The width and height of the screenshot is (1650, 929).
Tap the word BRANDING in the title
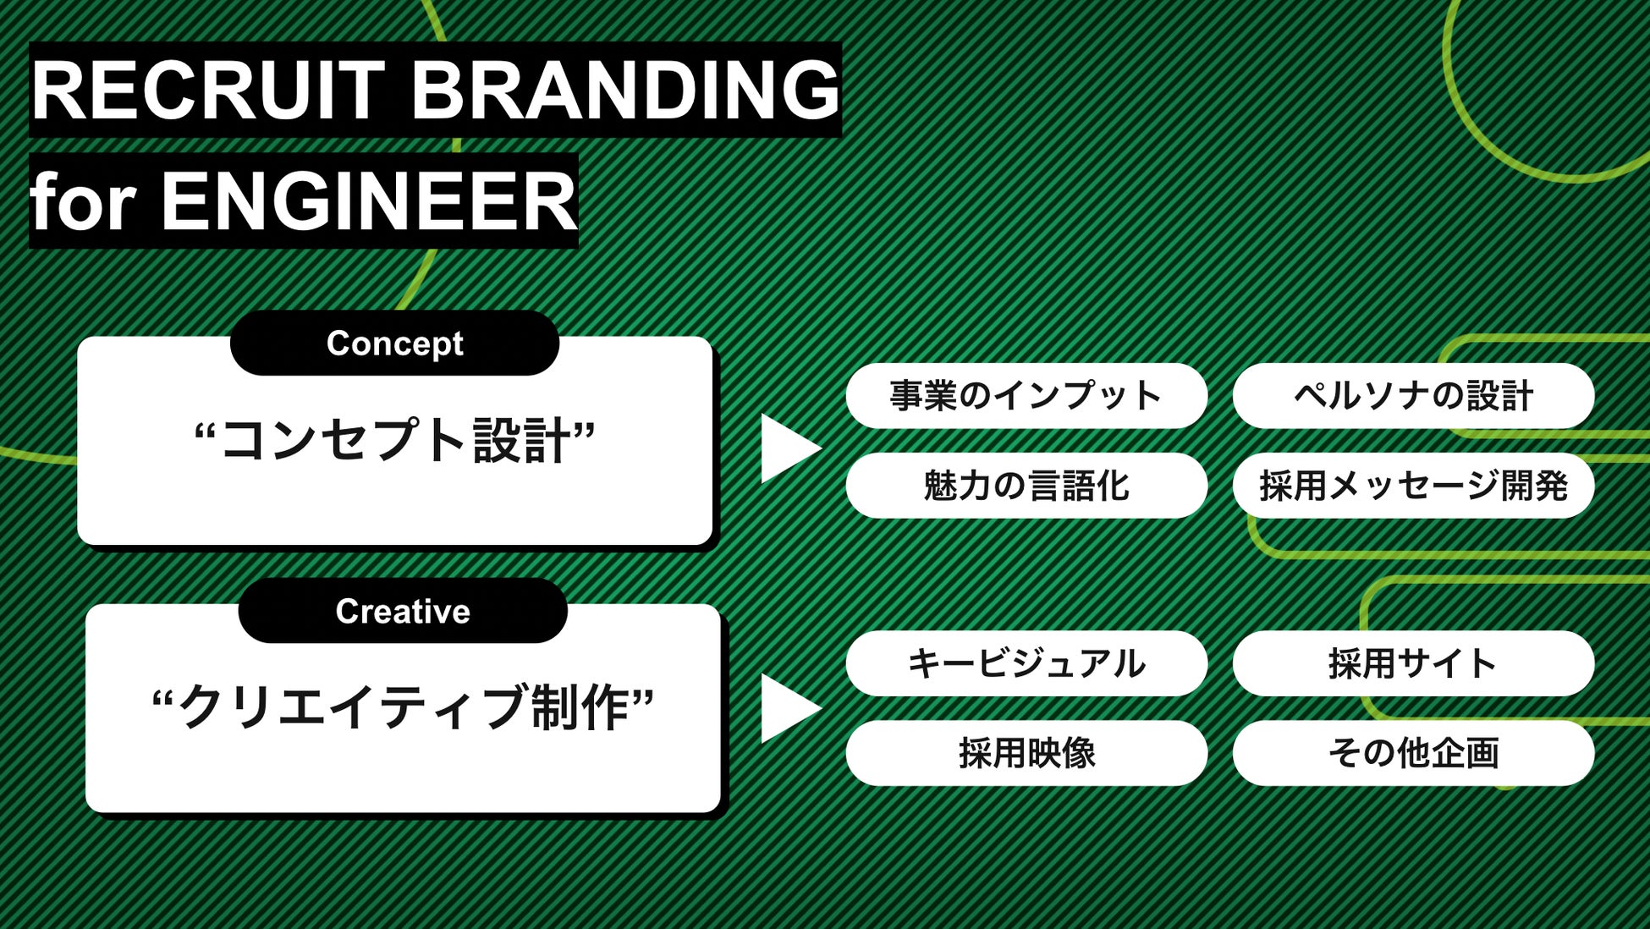(x=625, y=90)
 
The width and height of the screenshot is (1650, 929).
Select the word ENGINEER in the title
(x=369, y=201)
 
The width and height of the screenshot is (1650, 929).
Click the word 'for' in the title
(x=83, y=201)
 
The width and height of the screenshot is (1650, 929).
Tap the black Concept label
(x=394, y=344)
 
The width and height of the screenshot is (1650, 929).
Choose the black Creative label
(x=403, y=611)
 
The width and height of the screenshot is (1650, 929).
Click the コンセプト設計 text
(x=395, y=441)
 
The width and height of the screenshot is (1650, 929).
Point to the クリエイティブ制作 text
(x=403, y=707)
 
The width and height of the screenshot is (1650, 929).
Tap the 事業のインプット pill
(x=1026, y=396)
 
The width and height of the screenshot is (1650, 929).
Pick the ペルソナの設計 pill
(x=1413, y=396)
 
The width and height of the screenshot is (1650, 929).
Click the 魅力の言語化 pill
(x=1026, y=486)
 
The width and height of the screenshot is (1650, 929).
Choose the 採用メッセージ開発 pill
(x=1413, y=486)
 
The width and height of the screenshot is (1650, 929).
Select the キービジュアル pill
(x=1026, y=663)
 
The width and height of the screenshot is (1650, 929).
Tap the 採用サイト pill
(x=1413, y=663)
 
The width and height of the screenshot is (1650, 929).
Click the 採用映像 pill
(x=1026, y=753)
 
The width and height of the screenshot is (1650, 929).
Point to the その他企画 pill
(x=1413, y=753)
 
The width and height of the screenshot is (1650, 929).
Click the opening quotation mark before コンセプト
(x=206, y=431)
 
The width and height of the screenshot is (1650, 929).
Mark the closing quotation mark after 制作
(x=643, y=697)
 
